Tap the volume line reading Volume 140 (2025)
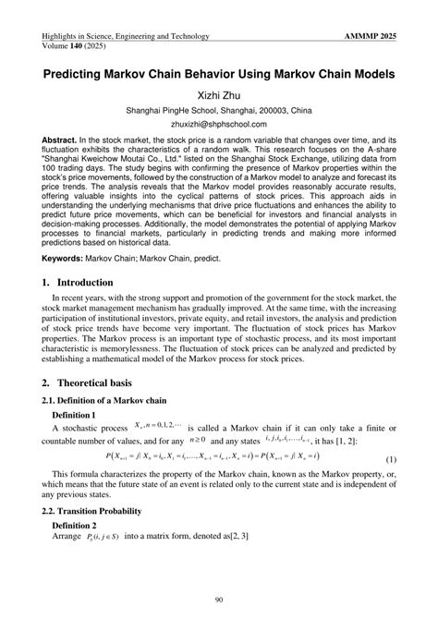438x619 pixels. point(80,46)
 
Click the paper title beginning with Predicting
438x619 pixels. point(218,73)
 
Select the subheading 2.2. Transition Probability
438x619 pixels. point(103,511)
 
